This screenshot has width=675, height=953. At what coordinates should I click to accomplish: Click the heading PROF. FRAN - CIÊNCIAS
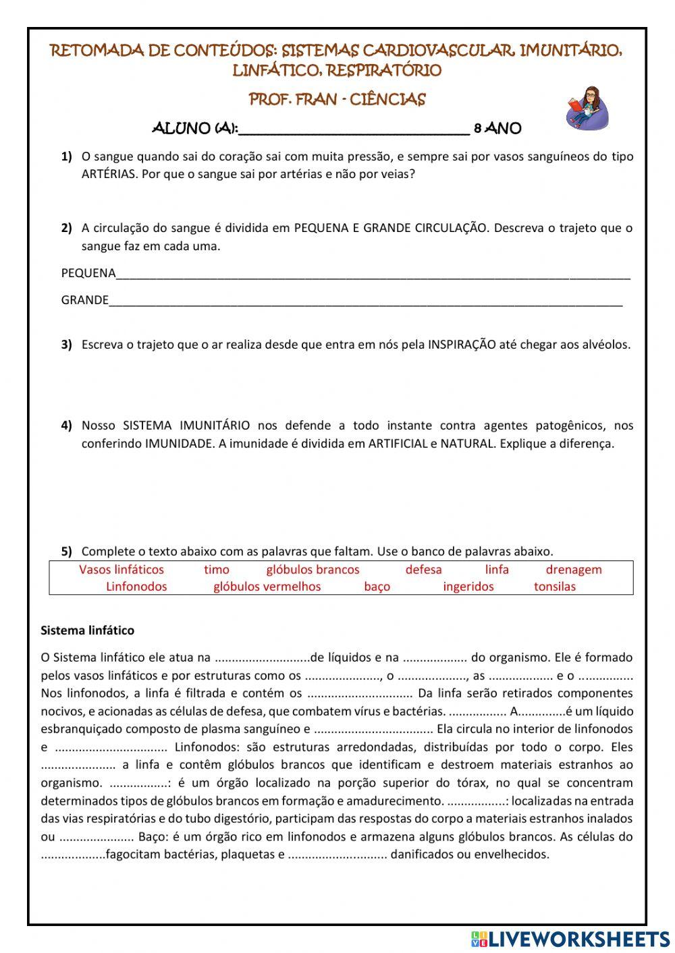337,100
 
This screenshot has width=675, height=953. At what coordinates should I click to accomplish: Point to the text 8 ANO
497,128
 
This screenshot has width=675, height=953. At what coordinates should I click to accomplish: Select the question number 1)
66,156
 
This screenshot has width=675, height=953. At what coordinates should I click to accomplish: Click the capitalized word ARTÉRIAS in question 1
109,174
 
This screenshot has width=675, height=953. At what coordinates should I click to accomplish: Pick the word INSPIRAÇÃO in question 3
462,345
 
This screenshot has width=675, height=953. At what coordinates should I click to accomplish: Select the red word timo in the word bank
217,570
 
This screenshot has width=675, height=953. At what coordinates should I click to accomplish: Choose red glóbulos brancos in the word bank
313,570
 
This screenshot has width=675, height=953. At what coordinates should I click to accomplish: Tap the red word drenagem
573,570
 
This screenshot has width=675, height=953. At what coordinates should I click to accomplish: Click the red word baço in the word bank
377,587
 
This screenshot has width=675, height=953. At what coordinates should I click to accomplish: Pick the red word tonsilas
554,587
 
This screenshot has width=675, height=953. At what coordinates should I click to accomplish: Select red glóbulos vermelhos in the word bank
267,587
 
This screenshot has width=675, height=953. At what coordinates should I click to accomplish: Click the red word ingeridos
468,587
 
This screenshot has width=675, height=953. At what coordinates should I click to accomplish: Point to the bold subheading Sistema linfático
88,631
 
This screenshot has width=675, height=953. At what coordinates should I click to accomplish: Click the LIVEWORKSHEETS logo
570,938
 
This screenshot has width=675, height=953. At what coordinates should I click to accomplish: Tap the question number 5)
66,552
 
